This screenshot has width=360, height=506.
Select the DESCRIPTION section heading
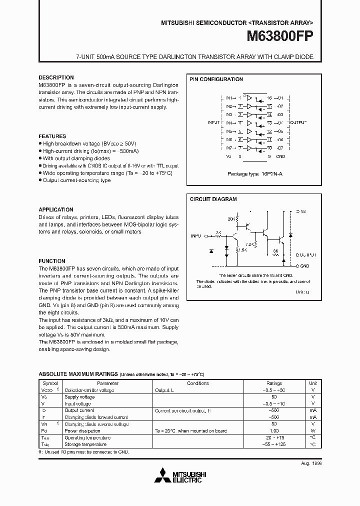pos(56,77)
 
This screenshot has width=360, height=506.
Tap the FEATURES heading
pos(52,136)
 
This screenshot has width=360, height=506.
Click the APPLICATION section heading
pos(56,209)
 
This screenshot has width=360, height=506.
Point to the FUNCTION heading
pos(52,261)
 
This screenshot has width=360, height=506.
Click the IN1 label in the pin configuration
pos(228,97)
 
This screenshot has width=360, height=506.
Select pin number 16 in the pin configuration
pos(269,97)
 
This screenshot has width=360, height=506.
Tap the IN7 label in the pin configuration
pos(228,148)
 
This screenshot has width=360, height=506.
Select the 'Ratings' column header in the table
pos(274,383)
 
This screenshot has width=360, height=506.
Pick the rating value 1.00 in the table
pos(274,430)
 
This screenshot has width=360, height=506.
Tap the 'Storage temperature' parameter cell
pos(85,444)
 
